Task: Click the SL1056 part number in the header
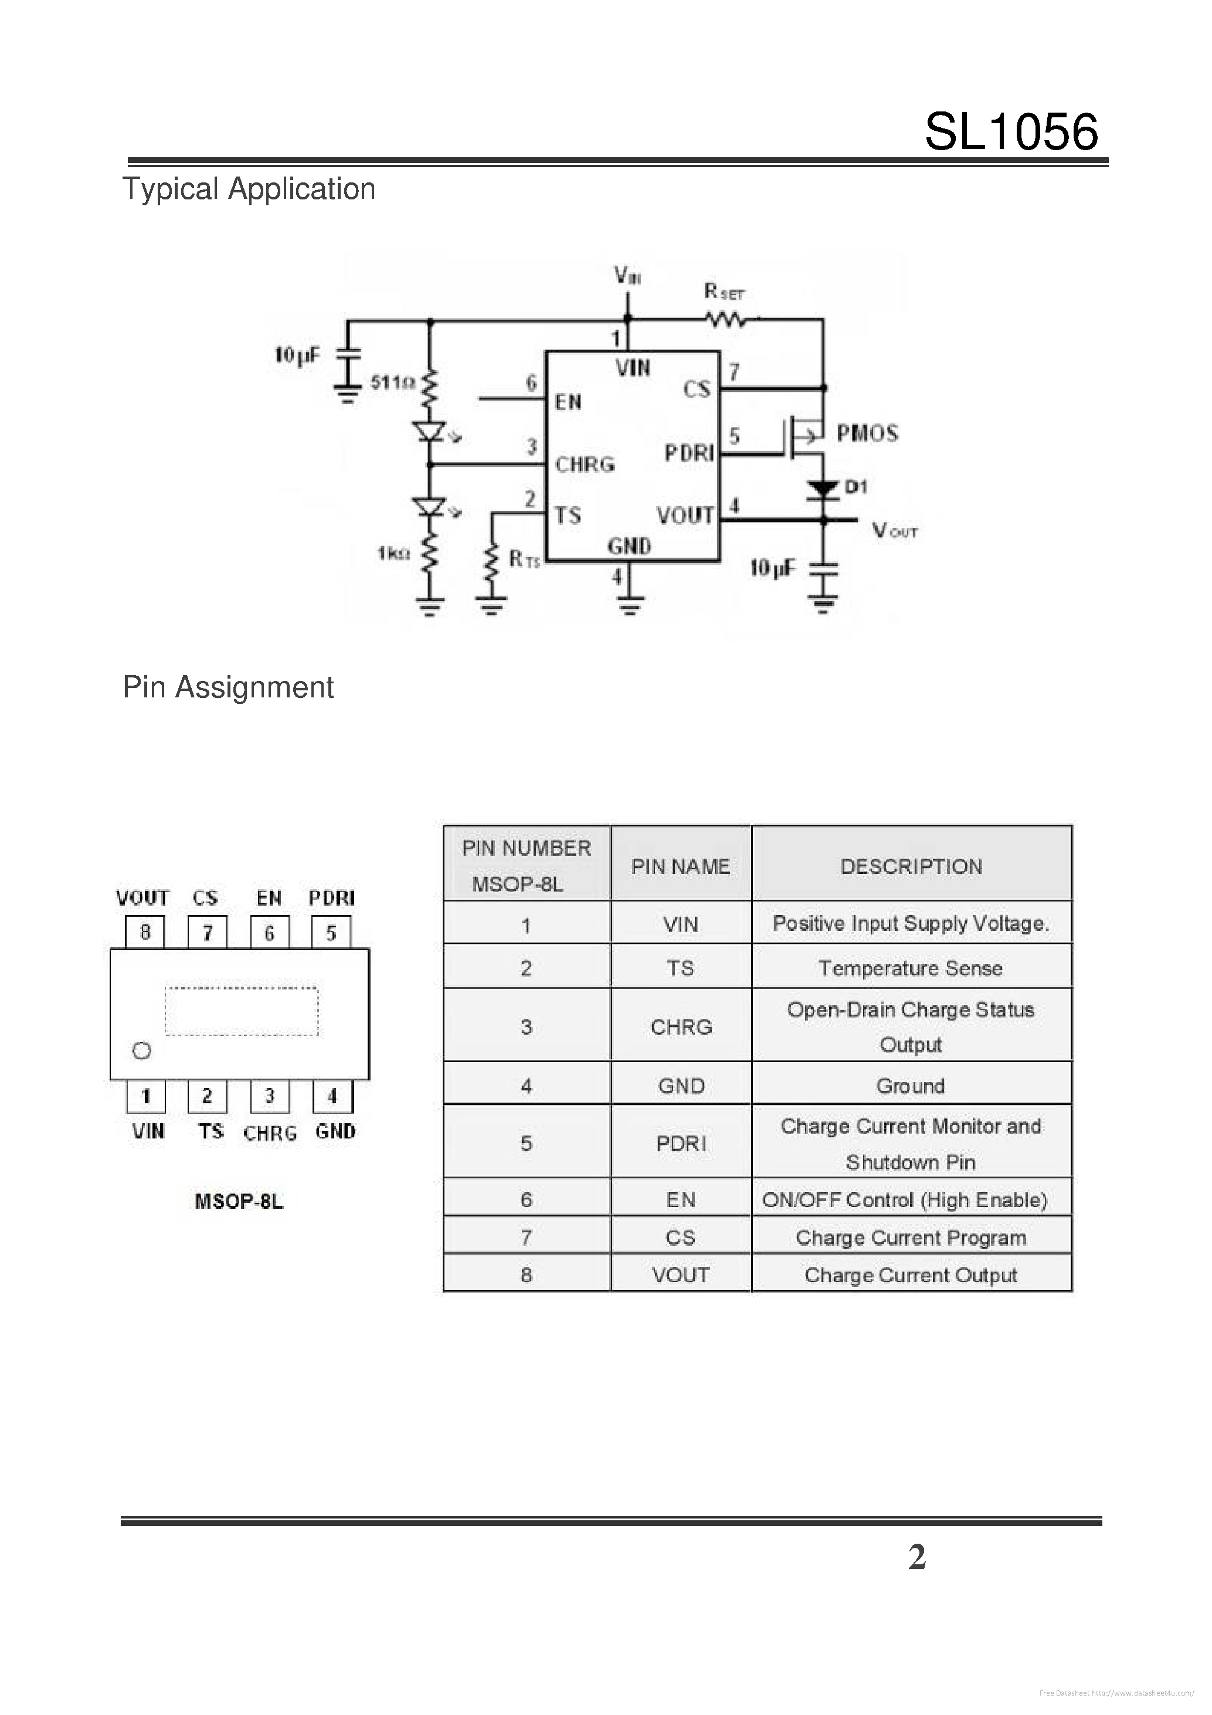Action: [1010, 132]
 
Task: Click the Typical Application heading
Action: [249, 189]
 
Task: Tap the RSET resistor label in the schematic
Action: [724, 292]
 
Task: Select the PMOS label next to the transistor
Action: [866, 433]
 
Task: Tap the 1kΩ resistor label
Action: [393, 554]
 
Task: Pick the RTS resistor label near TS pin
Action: [524, 559]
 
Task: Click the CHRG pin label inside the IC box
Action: [585, 465]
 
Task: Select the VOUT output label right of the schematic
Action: [895, 531]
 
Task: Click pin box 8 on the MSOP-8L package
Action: [145, 932]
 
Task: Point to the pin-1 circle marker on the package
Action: [141, 1051]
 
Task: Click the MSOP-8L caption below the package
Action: [239, 1201]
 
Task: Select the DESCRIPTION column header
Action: [911, 866]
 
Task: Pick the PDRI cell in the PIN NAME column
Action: [680, 1143]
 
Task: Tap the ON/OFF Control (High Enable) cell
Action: [904, 1199]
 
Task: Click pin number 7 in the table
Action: [526, 1238]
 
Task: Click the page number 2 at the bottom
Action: [916, 1557]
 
